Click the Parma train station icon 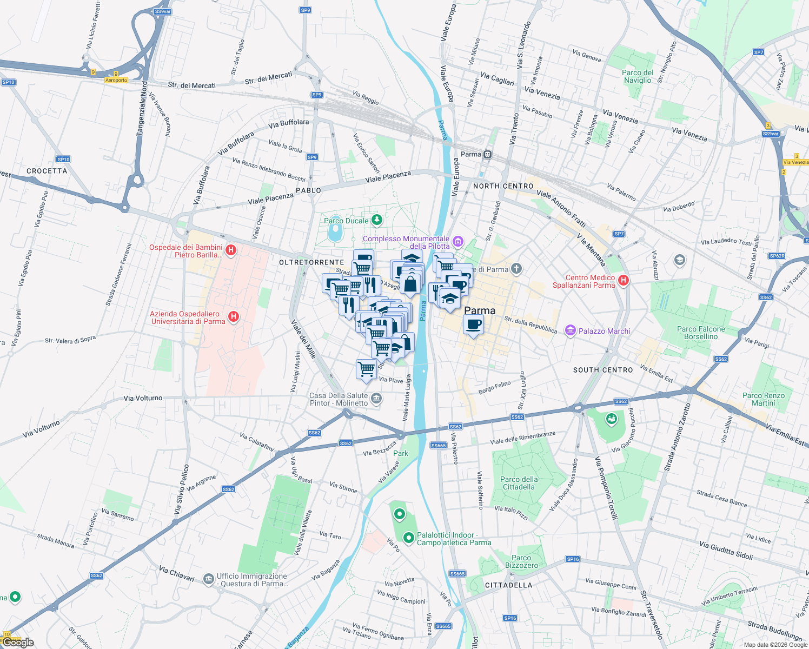[488, 155]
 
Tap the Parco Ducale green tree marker [377, 220]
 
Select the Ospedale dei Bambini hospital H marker [231, 250]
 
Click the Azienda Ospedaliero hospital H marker [234, 317]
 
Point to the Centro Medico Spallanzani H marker [623, 280]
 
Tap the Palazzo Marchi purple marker [569, 330]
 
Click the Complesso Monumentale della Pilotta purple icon [458, 241]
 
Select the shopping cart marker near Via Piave [367, 369]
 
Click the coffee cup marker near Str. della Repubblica [473, 325]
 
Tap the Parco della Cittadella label [519, 483]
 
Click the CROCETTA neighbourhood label [47, 171]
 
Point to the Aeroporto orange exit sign [116, 80]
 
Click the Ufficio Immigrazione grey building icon [209, 579]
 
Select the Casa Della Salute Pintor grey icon [376, 399]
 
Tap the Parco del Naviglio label [638, 76]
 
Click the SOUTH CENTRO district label [603, 370]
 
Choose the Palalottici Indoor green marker [409, 538]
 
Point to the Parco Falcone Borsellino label [701, 333]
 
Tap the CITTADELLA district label [508, 585]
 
